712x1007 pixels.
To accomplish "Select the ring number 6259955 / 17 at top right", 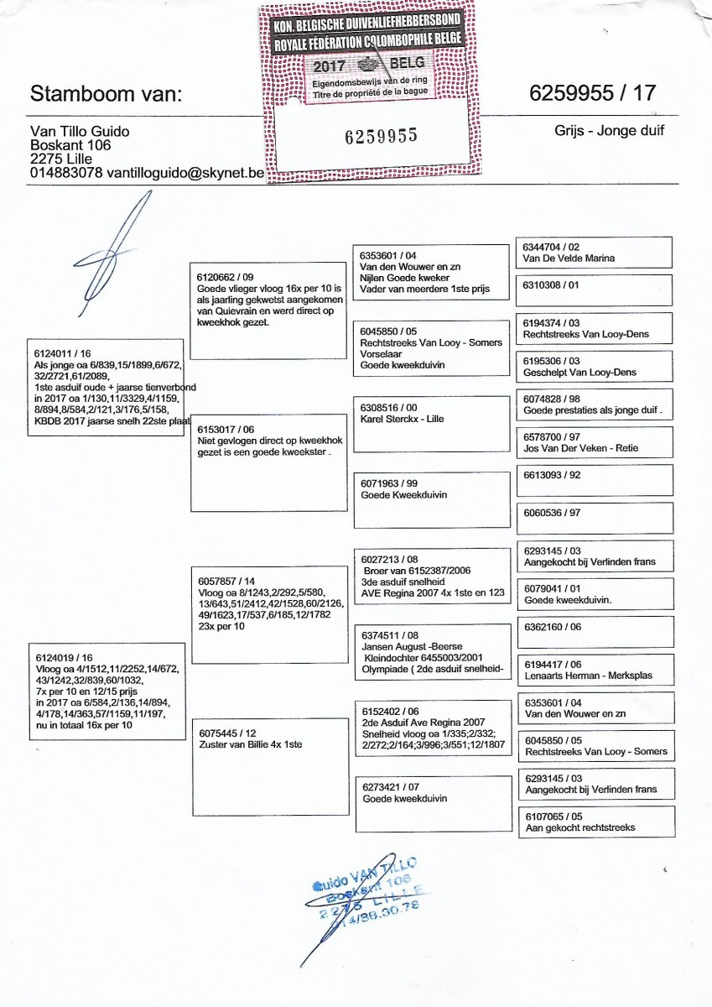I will click(x=592, y=93).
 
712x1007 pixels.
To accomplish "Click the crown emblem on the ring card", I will click(x=367, y=65).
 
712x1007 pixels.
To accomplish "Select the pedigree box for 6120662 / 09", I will click(x=268, y=310).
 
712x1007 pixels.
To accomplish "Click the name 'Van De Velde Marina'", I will click(x=569, y=258).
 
